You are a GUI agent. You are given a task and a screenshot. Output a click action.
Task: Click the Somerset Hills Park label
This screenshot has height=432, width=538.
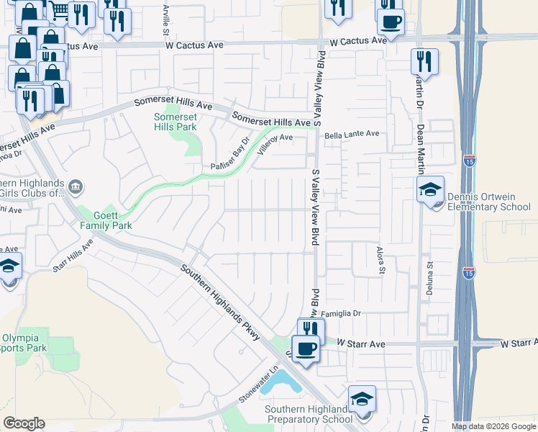[x=175, y=122]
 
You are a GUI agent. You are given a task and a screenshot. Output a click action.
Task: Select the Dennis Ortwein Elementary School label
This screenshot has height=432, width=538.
[x=488, y=202]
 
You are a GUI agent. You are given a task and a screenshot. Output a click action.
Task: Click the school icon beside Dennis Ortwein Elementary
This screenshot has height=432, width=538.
[x=431, y=190]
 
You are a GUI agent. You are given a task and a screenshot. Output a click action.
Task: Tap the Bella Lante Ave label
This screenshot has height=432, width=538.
[x=352, y=134]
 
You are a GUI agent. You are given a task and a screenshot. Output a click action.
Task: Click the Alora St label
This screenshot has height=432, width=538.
[x=382, y=261]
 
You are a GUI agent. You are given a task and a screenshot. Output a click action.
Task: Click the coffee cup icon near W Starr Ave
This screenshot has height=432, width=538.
[x=306, y=349]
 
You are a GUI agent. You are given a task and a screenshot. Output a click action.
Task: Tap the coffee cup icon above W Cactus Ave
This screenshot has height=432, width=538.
[x=391, y=22]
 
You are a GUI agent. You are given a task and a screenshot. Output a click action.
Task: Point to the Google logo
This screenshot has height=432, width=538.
[x=24, y=423]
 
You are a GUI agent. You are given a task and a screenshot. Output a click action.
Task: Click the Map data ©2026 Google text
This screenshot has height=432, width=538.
[x=493, y=426]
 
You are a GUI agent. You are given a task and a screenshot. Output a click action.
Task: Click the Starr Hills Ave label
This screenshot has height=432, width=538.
[x=73, y=256]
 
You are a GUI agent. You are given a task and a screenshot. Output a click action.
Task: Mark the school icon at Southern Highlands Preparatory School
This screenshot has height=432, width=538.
[x=362, y=399]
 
